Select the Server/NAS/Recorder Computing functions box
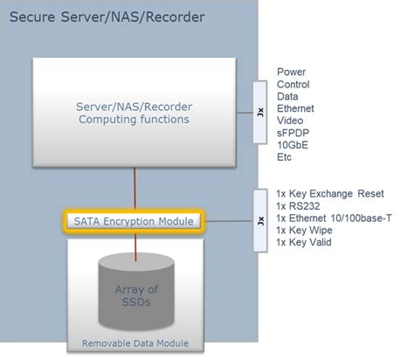point(133,113)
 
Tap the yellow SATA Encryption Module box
point(133,221)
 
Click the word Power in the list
point(292,72)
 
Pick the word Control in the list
point(293,84)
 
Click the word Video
point(291,121)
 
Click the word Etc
point(286,157)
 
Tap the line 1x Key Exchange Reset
point(329,192)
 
